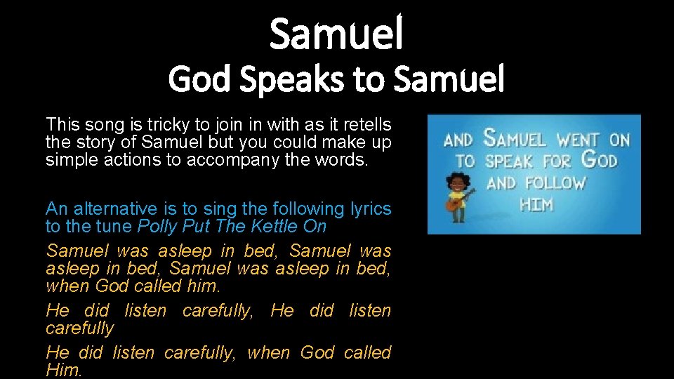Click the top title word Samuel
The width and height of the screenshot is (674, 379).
click(x=336, y=34)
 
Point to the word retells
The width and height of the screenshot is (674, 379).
click(x=364, y=125)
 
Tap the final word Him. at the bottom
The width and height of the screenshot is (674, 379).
click(x=64, y=370)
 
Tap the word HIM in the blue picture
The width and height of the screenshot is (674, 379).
click(x=536, y=206)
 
